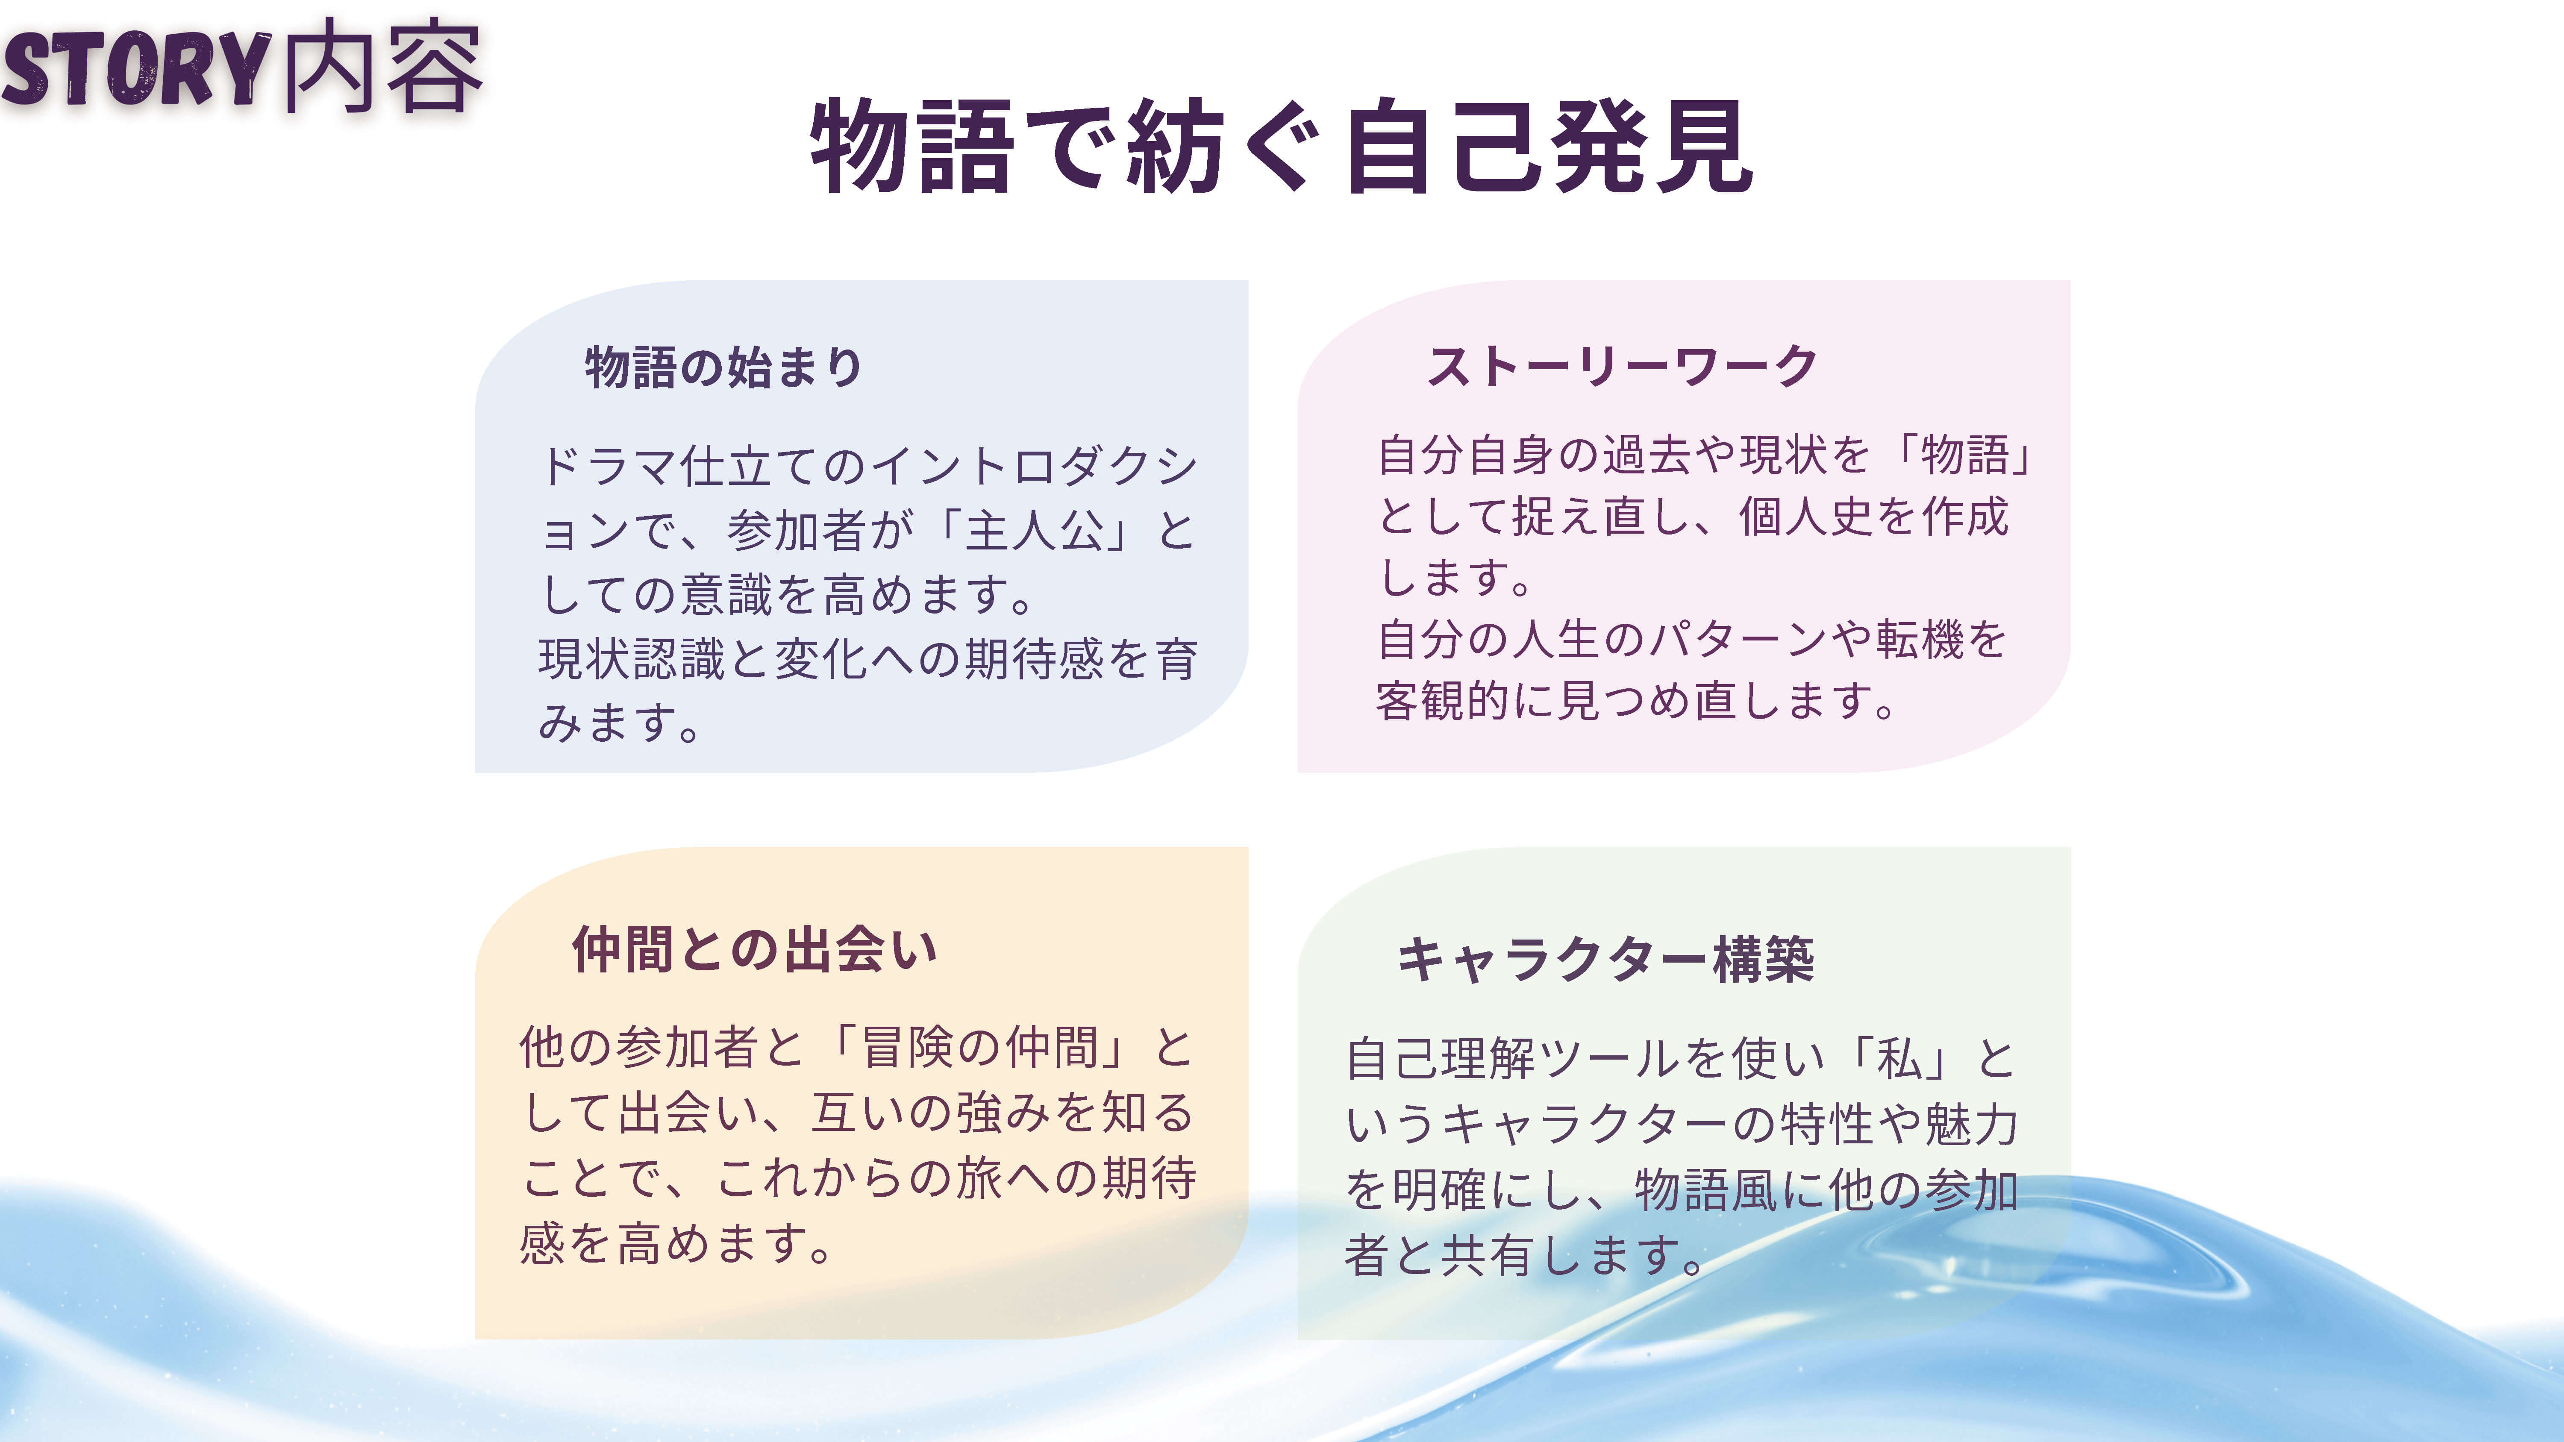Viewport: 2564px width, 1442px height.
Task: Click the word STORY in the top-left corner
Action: coord(136,68)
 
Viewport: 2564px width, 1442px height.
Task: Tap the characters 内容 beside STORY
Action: coord(382,66)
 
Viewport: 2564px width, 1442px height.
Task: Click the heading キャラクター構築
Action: coord(1605,959)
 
